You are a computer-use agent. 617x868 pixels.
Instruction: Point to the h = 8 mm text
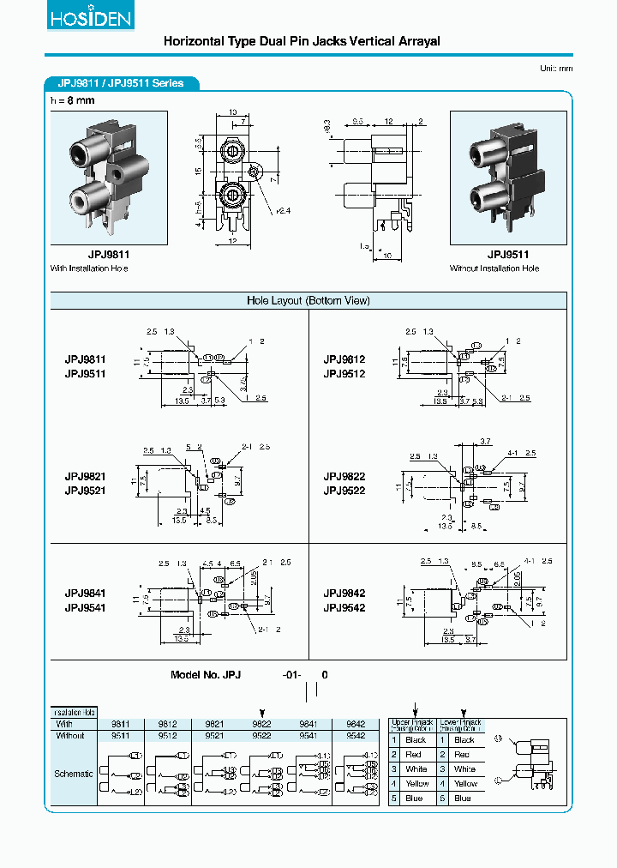pos(73,100)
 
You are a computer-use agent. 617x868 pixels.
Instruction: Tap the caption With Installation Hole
pos(89,268)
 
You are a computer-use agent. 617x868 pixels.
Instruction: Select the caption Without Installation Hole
pos(494,268)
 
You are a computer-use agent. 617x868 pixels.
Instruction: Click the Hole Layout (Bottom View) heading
pos(308,300)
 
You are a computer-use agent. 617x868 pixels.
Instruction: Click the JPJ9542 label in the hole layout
pos(344,608)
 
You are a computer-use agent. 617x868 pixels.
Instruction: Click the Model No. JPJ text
pos(206,675)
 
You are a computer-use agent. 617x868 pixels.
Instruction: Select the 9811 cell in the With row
pos(120,724)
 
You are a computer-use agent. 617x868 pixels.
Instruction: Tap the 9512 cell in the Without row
pos(167,735)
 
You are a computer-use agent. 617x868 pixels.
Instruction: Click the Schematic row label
pos(74,774)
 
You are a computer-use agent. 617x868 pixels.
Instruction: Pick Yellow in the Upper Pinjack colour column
pos(416,784)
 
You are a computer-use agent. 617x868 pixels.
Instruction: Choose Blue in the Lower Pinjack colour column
pos(464,799)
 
